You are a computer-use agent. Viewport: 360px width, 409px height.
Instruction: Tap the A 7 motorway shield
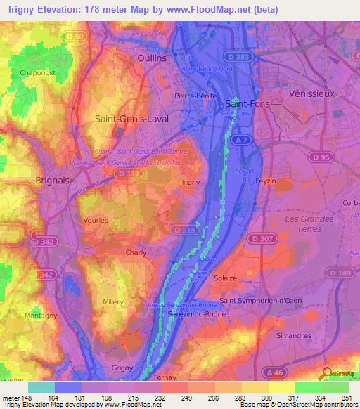point(241,141)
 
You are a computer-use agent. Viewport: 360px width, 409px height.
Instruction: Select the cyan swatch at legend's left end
point(41,387)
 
